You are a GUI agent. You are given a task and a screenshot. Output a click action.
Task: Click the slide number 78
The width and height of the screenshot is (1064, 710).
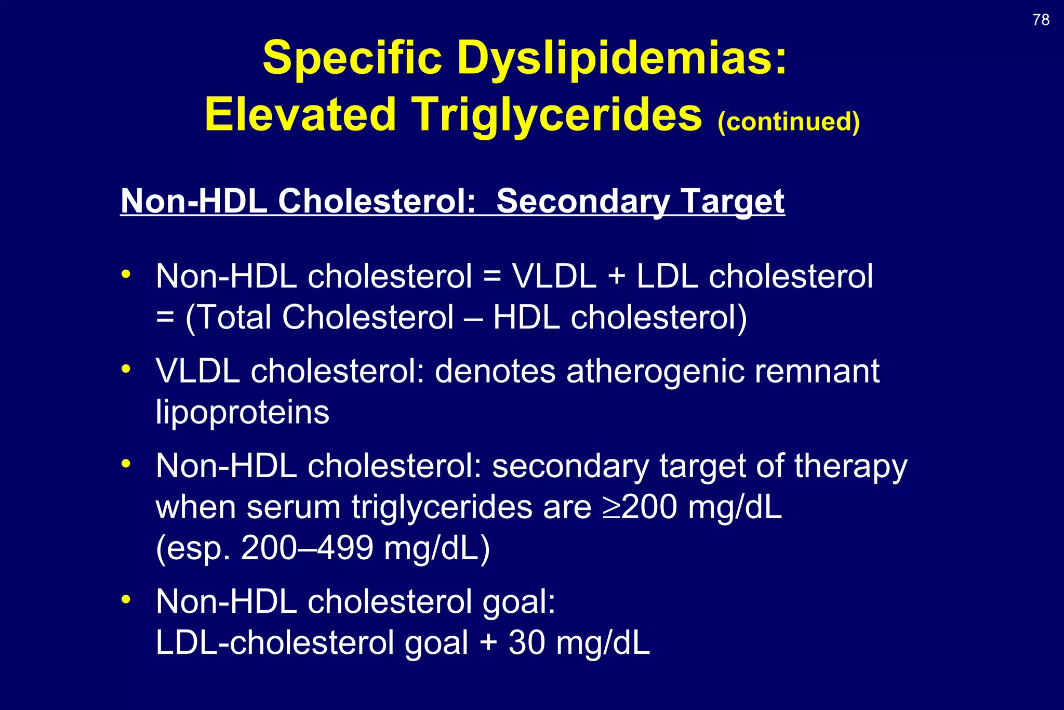point(1041,20)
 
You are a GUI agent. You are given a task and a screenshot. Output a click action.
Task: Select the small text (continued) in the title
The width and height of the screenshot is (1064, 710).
point(788,122)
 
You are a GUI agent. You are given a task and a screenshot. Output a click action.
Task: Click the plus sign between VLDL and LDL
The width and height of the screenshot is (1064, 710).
point(616,277)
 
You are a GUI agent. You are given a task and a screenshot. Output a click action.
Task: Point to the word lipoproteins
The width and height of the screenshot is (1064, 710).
point(242,413)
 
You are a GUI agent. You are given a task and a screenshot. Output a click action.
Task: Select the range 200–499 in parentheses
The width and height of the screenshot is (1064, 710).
point(307,548)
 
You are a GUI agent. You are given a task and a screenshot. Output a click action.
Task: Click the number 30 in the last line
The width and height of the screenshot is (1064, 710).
point(526,643)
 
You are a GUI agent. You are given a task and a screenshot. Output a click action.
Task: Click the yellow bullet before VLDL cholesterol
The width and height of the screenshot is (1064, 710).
point(126,369)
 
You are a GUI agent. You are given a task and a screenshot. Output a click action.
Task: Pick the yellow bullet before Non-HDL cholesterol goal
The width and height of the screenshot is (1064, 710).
point(126,599)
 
